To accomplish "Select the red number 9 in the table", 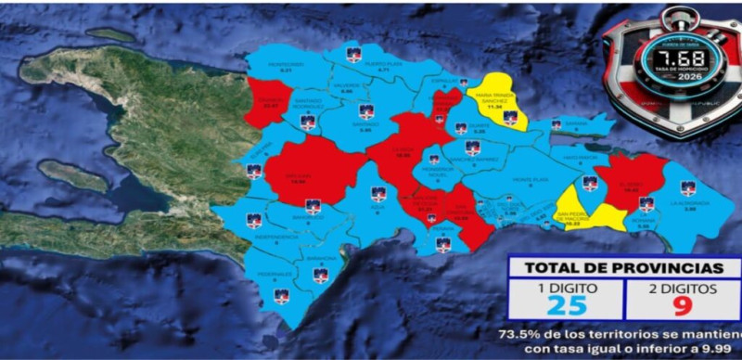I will [x=680, y=305].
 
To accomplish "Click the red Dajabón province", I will [x=270, y=102].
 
